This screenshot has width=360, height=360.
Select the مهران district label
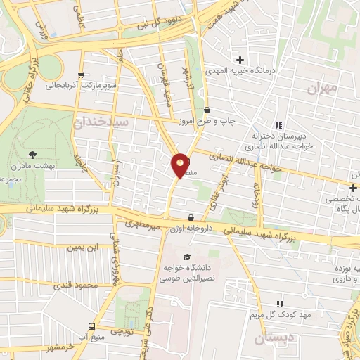323,89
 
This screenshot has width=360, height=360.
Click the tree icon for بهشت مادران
32,154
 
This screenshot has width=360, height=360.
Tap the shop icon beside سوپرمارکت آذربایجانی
82,75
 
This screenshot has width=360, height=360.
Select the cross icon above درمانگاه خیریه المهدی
240,60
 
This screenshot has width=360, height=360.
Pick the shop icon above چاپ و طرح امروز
207,110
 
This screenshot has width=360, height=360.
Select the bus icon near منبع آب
91,326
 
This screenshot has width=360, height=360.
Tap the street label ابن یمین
83,247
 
